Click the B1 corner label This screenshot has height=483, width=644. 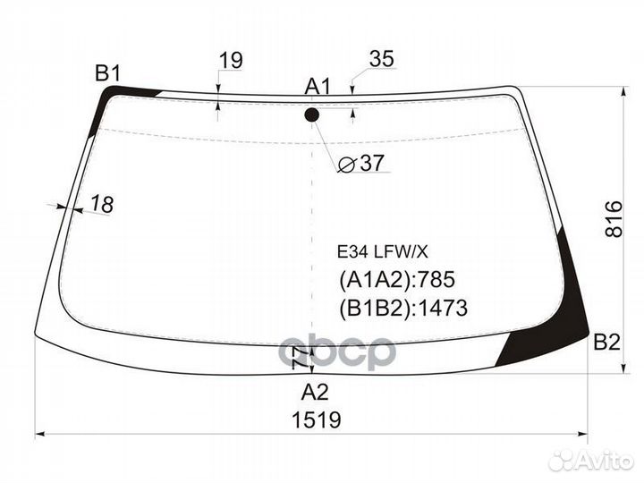click(108, 74)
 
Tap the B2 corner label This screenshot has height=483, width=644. click(606, 342)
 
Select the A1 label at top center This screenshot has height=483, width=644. click(318, 87)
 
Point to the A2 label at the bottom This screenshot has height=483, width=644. click(315, 393)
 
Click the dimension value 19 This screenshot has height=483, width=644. click(231, 61)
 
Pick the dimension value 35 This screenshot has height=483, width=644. click(382, 59)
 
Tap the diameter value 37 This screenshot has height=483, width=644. click(372, 163)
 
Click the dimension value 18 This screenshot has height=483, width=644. click(101, 204)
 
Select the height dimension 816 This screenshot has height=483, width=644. click(614, 218)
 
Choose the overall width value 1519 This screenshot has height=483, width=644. click(317, 420)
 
